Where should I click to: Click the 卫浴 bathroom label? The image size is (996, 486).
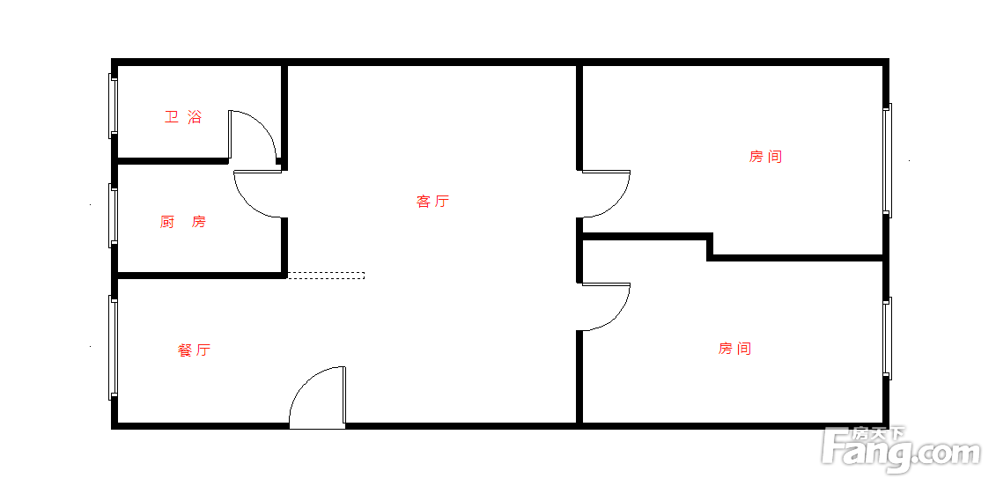(x=183, y=117)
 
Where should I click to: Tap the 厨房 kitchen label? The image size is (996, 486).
(x=183, y=222)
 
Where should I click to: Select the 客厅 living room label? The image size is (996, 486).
(x=432, y=202)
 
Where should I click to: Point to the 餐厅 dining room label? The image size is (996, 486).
(x=195, y=350)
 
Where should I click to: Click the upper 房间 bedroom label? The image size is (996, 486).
(x=765, y=157)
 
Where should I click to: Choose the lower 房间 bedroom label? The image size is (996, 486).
(x=735, y=348)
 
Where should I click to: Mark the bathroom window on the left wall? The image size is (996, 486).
(x=113, y=107)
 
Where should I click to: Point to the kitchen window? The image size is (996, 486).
(x=113, y=216)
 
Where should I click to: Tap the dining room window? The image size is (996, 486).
(x=113, y=348)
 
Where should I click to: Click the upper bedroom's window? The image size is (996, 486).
(x=888, y=161)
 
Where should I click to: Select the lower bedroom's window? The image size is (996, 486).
(x=888, y=339)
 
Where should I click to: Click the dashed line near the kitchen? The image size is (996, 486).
(x=326, y=276)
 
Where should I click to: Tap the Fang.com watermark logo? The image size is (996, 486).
(x=902, y=452)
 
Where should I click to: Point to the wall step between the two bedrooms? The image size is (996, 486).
(x=710, y=247)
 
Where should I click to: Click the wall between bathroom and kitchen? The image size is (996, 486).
(x=173, y=161)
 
